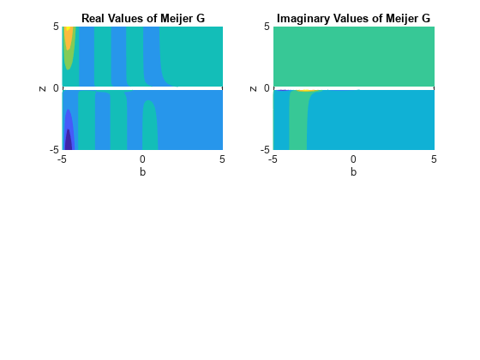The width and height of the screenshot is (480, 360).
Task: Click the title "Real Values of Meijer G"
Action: [142, 18]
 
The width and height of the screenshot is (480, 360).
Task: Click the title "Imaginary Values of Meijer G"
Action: [353, 18]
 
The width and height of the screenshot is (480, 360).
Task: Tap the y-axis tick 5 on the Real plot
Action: [56, 27]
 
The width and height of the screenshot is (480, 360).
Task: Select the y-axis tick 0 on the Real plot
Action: [56, 88]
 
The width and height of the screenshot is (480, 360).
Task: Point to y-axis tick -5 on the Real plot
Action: [54, 149]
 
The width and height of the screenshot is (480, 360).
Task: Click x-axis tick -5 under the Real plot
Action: [62, 159]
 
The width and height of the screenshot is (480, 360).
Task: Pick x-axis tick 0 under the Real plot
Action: [142, 159]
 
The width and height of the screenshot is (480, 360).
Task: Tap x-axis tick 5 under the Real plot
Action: [222, 159]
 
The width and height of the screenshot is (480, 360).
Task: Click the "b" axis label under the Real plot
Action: [142, 171]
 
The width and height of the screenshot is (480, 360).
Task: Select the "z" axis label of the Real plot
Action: [42, 88]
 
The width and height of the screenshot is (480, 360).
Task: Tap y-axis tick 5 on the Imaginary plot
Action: [267, 27]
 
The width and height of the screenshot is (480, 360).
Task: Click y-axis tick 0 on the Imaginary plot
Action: [267, 88]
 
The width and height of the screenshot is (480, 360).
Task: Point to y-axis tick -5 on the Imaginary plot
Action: [265, 149]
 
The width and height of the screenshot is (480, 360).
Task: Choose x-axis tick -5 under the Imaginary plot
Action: [273, 159]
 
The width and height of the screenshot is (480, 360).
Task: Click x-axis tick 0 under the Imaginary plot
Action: [353, 159]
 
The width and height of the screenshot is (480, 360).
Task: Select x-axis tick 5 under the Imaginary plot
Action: [433, 159]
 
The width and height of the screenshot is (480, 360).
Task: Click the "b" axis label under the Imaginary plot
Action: [353, 171]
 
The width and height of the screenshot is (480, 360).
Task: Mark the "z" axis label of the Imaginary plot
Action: [253, 88]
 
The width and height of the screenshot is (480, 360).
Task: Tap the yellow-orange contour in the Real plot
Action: [68, 39]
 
